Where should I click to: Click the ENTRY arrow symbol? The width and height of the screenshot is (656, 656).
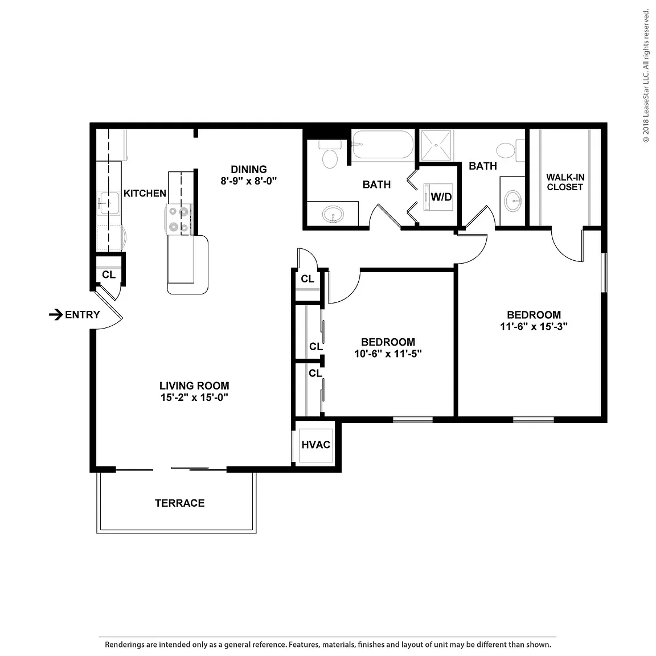pos(56,314)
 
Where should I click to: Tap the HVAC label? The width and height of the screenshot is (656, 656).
pos(316,445)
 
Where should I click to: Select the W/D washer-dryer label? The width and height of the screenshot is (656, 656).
pos(441,196)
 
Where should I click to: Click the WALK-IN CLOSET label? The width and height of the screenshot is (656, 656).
pos(565,182)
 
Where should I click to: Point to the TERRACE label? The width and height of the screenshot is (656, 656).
pos(180,503)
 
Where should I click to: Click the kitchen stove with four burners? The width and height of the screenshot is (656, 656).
pos(179,219)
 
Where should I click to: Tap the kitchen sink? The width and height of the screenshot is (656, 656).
pos(108,203)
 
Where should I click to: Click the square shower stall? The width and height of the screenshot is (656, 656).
pos(436,145)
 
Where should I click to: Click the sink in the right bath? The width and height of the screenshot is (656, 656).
pos(513,201)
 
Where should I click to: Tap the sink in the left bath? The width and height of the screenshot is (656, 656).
pos(333,215)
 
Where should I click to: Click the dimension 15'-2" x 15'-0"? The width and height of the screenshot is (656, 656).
pos(194,397)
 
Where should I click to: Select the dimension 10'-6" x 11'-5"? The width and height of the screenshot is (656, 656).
pos(388,354)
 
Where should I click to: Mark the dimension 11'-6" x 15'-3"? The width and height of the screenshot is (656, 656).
pos(534,326)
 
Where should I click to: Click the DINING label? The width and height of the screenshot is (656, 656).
pos(249,170)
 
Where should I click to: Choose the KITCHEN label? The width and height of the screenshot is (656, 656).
pos(145,193)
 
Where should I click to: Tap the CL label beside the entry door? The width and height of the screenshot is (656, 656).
pos(109,274)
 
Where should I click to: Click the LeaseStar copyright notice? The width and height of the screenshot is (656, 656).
pos(646,76)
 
